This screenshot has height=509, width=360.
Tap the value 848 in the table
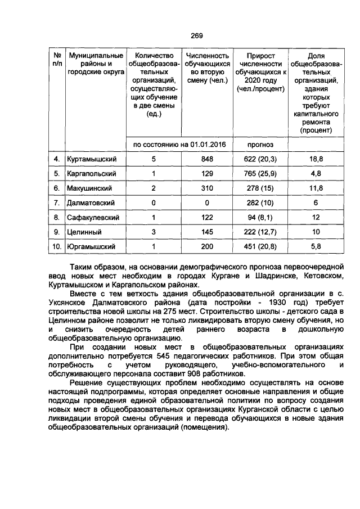[208, 159]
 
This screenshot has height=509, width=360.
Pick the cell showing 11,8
[316, 188]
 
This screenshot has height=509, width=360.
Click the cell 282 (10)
[260, 202]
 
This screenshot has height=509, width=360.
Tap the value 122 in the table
[208, 217]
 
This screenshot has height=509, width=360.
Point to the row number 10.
[56, 246]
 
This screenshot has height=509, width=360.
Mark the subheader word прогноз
[260, 145]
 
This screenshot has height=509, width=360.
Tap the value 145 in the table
[208, 232]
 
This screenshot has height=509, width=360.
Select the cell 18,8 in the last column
[316, 159]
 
